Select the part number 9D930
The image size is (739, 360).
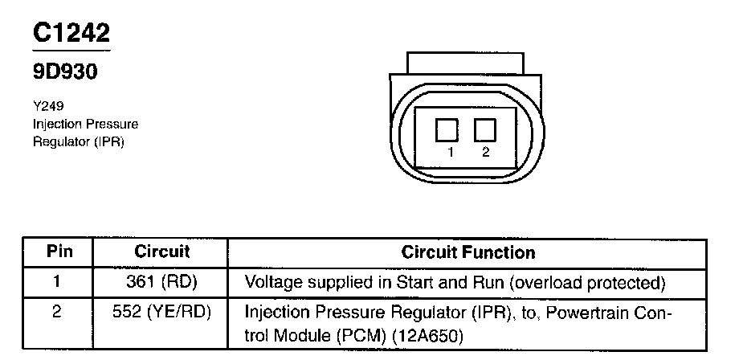(65, 72)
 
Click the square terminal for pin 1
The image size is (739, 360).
(447, 130)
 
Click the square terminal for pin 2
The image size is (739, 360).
(485, 130)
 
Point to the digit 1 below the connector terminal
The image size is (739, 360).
(451, 153)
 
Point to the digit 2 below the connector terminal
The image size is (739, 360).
(485, 153)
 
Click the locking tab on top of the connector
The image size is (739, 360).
(467, 63)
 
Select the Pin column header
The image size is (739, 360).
(60, 252)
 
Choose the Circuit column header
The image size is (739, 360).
(161, 252)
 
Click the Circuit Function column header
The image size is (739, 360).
(467, 252)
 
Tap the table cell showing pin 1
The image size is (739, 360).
(57, 283)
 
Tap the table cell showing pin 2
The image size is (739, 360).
(57, 313)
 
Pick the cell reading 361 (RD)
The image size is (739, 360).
(161, 283)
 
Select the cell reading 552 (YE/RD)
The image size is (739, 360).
(161, 313)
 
